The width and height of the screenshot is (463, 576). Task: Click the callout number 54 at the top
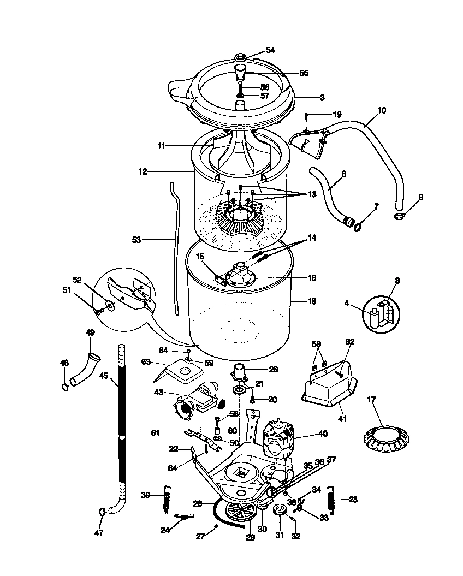[270, 50]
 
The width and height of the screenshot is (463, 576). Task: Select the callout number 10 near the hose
[382, 110]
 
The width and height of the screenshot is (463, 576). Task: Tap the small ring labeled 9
[399, 217]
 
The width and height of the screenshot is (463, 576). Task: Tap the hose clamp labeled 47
[102, 512]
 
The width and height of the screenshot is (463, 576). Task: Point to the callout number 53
[136, 239]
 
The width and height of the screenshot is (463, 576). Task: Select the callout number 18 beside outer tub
[312, 301]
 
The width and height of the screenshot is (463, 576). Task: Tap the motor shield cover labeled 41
[328, 391]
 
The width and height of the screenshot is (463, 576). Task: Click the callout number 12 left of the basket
[143, 171]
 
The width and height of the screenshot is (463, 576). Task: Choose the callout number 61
[156, 433]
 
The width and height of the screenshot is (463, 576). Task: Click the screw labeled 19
[307, 115]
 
